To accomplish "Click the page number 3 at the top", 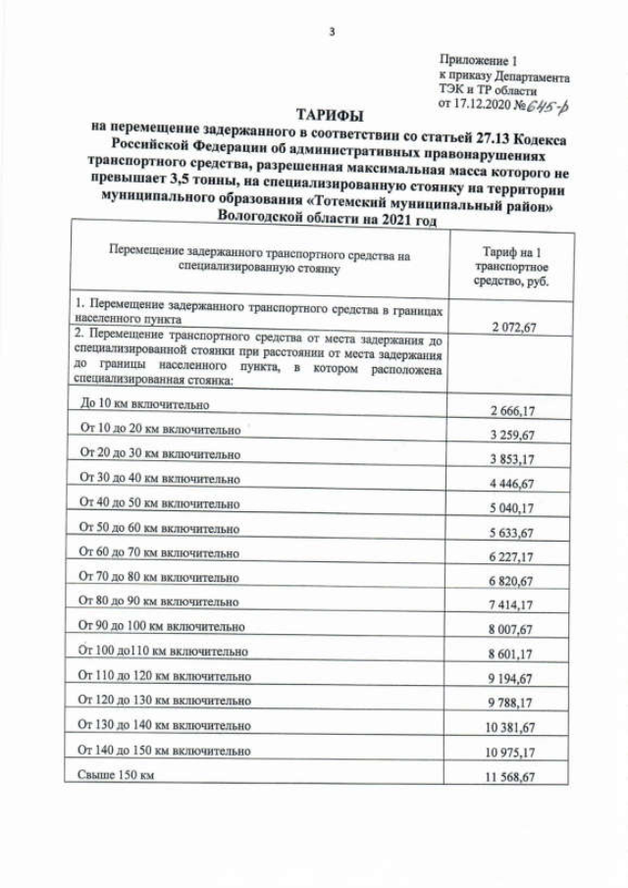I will [x=331, y=32].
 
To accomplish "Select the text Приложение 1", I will [x=478, y=61].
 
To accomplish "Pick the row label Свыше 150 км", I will [x=116, y=775].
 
